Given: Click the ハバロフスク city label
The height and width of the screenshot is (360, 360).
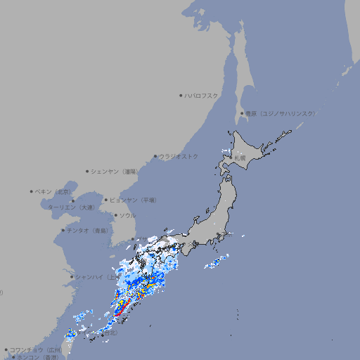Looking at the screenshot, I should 202,95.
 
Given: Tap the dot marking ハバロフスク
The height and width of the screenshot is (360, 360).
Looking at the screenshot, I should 181,95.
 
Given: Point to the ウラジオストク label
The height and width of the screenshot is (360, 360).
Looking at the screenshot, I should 179,156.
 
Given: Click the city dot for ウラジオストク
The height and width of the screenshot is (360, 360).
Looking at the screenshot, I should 155,156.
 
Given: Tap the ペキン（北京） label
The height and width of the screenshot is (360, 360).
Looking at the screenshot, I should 54,191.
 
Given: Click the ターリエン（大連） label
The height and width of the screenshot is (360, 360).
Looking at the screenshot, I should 70,208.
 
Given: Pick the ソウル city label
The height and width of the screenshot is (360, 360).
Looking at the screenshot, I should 127,215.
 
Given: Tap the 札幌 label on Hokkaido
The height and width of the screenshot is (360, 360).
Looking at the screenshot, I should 240,159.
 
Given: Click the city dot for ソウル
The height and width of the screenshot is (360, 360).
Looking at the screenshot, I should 115,215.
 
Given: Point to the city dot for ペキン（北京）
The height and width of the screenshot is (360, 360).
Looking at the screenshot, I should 32,191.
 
